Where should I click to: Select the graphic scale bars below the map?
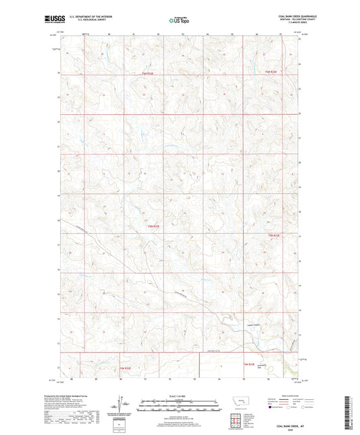tap(179, 407)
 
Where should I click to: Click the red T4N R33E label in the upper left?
tap(147, 73)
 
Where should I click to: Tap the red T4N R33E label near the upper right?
tap(271, 72)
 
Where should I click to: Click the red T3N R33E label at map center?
tap(155, 226)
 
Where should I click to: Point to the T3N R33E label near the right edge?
tap(272, 234)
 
